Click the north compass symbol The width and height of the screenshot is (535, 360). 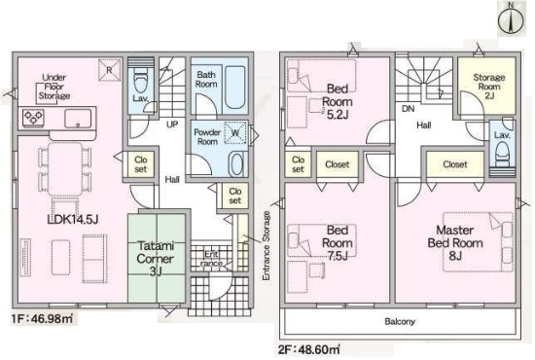[511, 18]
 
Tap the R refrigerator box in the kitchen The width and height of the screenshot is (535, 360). [110, 70]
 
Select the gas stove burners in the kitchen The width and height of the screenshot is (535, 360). [33, 118]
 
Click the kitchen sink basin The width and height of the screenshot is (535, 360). [78, 119]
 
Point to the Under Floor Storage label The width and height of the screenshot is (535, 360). [54, 87]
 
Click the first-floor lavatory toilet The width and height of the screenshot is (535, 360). [141, 83]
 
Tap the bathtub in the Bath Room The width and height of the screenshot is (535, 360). [235, 88]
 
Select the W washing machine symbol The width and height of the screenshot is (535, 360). [235, 132]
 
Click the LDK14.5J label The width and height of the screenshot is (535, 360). [73, 220]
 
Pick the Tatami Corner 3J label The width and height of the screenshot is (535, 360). [156, 258]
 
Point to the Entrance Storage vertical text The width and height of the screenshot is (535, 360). [267, 246]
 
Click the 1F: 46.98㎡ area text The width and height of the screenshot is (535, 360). [42, 319]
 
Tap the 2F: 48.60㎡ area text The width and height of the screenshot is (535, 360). [309, 349]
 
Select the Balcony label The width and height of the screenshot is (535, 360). [400, 321]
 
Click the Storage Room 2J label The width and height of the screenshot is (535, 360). [489, 87]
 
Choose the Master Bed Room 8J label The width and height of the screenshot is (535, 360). [455, 242]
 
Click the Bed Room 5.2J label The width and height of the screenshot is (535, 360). [338, 102]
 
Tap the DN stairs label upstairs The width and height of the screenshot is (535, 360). [409, 109]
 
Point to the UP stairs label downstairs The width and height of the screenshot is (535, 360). [172, 125]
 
